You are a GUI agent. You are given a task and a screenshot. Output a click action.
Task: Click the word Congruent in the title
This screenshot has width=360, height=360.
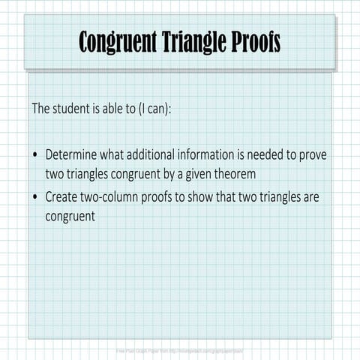click(x=117, y=42)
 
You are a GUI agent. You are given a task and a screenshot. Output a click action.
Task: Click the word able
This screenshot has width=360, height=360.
click(x=126, y=108)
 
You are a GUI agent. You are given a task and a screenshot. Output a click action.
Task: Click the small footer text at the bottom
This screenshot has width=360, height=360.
click(x=179, y=349)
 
